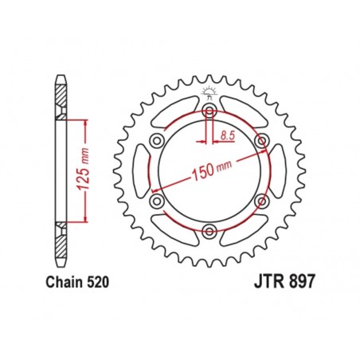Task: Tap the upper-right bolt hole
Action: (260, 140)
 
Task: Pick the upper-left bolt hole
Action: (157, 140)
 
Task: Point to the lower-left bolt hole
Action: (157, 200)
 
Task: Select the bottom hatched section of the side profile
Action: (61, 243)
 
